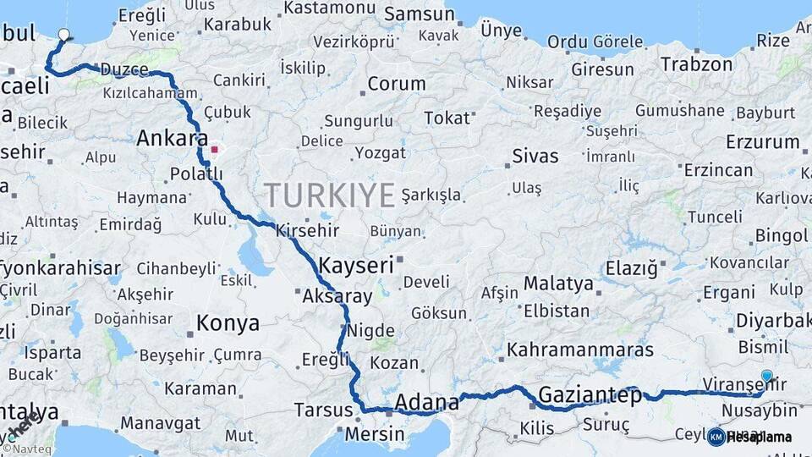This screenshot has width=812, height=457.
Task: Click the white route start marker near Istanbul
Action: click(63, 35)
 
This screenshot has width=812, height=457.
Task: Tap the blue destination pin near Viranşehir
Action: click(766, 376)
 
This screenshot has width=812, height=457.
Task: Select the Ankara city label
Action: click(172, 138)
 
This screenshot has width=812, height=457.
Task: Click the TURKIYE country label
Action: click(330, 195)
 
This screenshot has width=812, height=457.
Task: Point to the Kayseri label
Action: click(356, 265)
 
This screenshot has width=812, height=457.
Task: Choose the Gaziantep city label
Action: click(590, 395)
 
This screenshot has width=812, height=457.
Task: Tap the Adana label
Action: click(426, 401)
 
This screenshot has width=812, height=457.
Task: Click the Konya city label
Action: click(228, 322)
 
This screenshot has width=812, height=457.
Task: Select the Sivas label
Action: click(535, 156)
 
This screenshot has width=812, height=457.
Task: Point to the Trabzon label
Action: click(695, 64)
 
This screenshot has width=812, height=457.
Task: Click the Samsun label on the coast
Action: click(419, 14)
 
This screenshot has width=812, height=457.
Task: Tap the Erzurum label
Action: click(762, 141)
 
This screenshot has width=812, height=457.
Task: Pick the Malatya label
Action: click(558, 284)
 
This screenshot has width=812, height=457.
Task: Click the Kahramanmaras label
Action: click(580, 350)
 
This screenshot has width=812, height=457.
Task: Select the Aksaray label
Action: click(337, 296)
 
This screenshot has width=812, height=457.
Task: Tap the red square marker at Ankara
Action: click(215, 150)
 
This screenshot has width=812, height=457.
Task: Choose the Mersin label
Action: click(376, 433)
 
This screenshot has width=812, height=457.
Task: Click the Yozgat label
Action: click(380, 153)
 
